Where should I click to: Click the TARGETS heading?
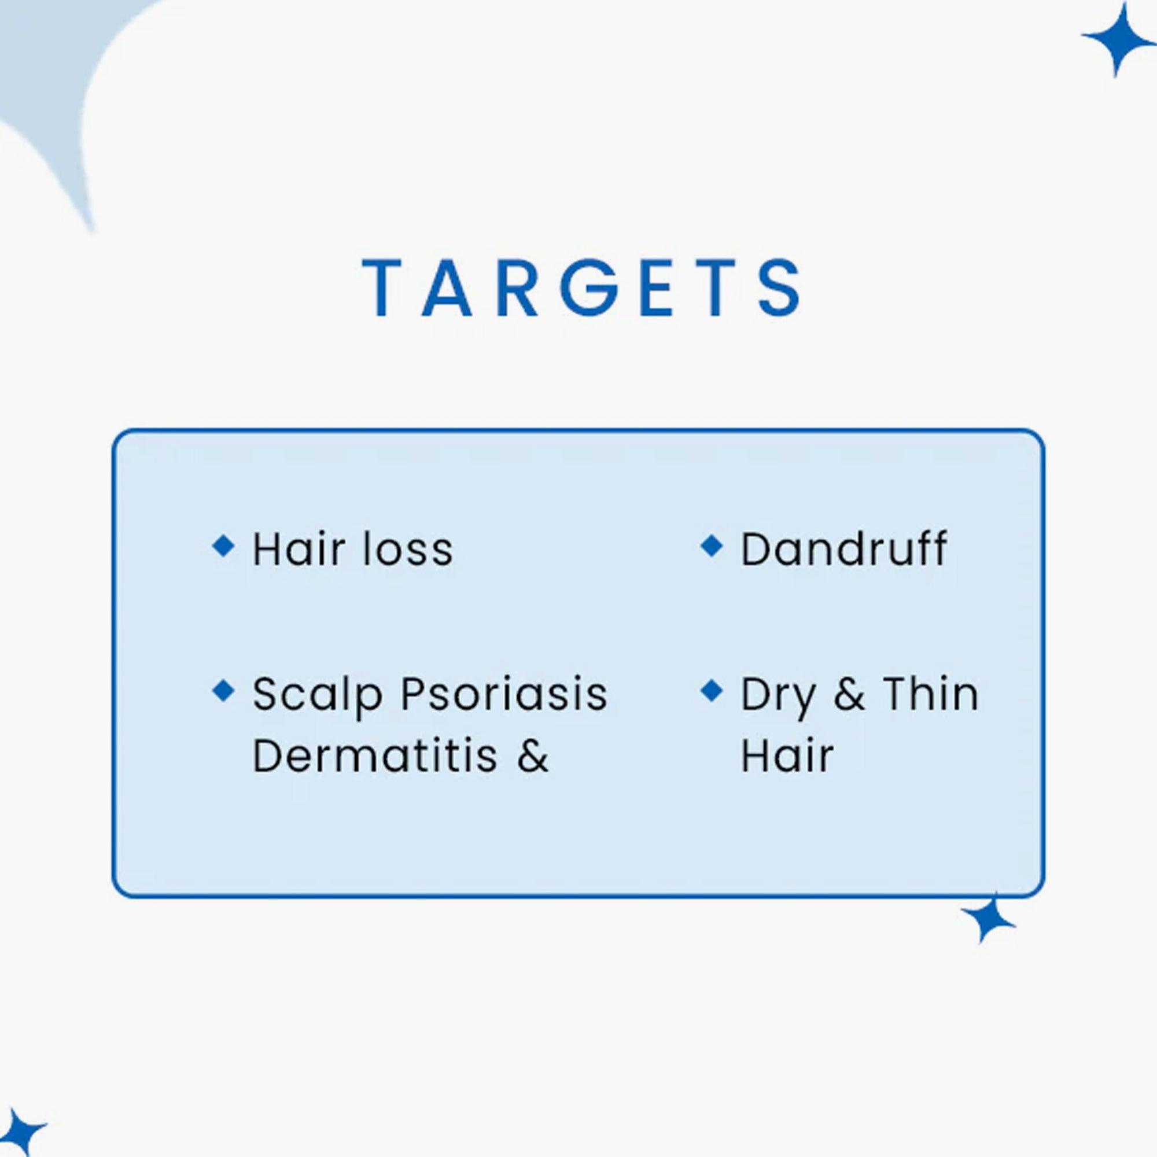pyautogui.click(x=580, y=288)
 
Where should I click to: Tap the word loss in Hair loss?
pyautogui.click(x=408, y=549)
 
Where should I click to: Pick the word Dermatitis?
pyautogui.click(x=375, y=756)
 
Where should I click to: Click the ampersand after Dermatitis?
pyautogui.click(x=532, y=756)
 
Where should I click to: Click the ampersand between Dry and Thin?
pyautogui.click(x=849, y=695)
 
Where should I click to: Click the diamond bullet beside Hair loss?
pyautogui.click(x=223, y=546)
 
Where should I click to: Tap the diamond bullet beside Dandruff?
pyautogui.click(x=712, y=546)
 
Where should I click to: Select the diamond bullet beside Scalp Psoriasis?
pyautogui.click(x=223, y=691)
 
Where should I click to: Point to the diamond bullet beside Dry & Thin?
pyautogui.click(x=712, y=691)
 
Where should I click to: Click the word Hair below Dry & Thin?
pyautogui.click(x=787, y=756)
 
